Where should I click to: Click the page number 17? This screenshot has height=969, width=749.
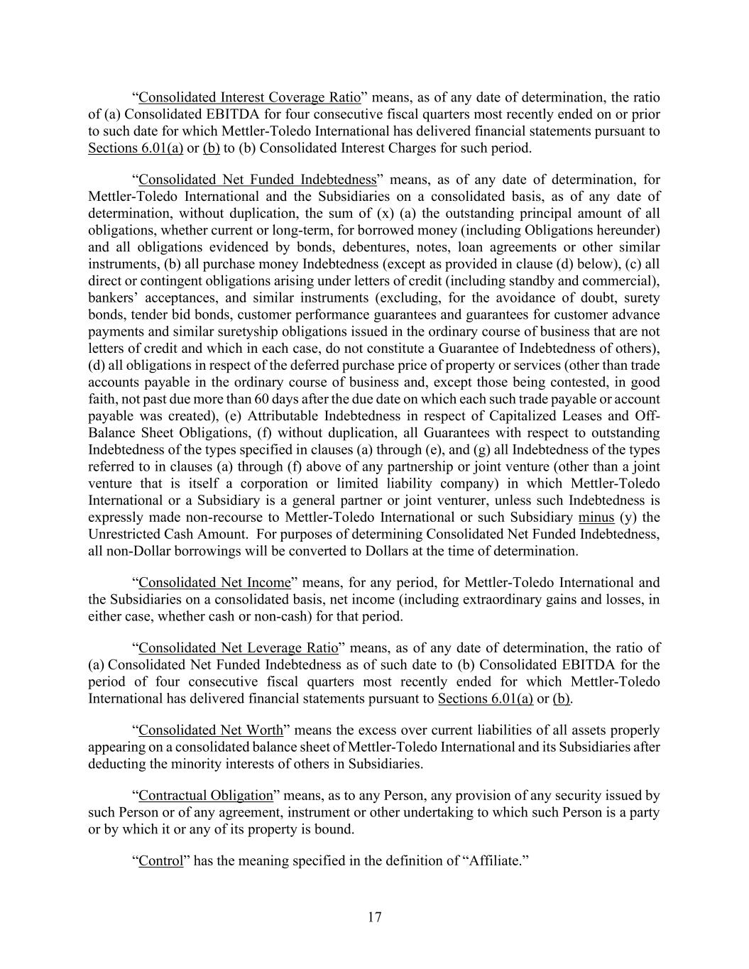pyautogui.click(x=375, y=917)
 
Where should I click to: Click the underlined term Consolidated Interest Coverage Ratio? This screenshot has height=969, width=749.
pyautogui.click(x=249, y=97)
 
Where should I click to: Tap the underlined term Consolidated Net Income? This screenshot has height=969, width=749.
pyautogui.click(x=214, y=583)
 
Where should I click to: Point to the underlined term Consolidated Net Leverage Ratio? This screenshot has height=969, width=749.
pyautogui.click(x=238, y=648)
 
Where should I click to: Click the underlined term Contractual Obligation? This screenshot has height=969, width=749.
pyautogui.click(x=206, y=796)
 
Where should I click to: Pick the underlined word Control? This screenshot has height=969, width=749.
pyautogui.click(x=161, y=861)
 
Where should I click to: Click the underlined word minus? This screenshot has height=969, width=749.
pyautogui.click(x=596, y=518)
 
